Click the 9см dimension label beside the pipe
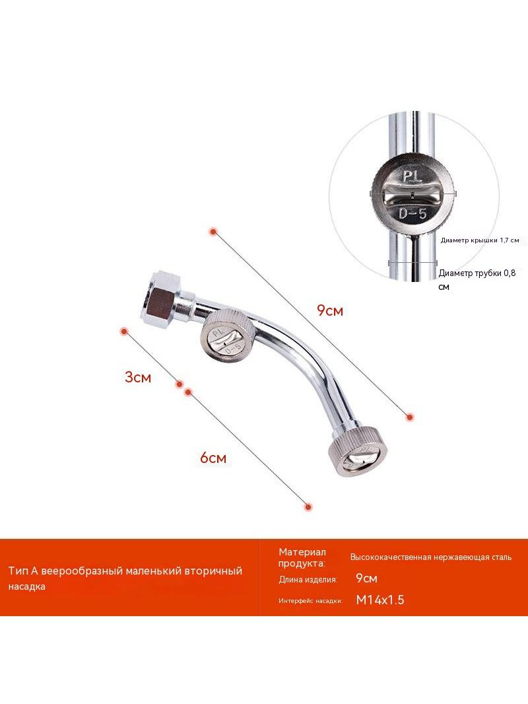tap(330, 310)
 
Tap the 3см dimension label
tap(138, 377)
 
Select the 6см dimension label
tap(213, 458)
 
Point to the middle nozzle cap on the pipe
tap(222, 334)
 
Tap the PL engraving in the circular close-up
tap(412, 176)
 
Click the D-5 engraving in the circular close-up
tap(412, 214)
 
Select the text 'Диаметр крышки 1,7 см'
tap(480, 240)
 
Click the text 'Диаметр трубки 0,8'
tap(477, 273)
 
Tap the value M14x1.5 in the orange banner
tap(380, 600)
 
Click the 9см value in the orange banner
tap(366, 579)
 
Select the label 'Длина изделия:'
tap(308, 580)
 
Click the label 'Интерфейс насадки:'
tap(310, 601)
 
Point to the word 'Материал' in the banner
tap(302, 552)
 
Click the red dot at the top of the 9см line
tap(213, 231)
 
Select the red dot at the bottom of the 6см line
tap(308, 507)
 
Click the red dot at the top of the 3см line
tap(124, 332)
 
